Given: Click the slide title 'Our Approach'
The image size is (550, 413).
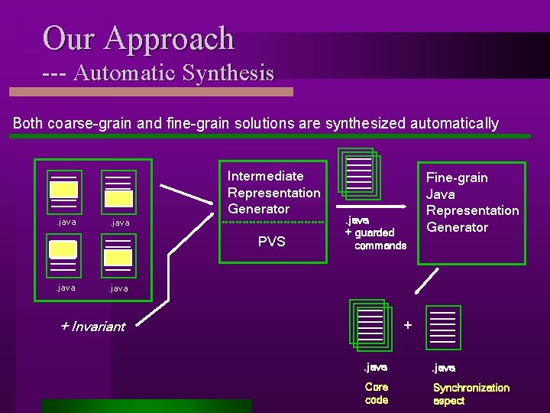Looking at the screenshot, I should click(138, 37).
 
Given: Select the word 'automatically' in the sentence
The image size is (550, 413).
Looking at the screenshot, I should click(455, 123).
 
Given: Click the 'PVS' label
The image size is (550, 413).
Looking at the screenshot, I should click(271, 242).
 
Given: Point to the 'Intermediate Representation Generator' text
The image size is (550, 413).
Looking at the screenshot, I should click(273, 192).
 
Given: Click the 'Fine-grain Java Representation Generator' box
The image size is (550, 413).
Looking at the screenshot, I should click(471, 203).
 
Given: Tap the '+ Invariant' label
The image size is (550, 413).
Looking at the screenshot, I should click(92, 327).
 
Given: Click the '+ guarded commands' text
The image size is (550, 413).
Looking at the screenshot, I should click(371, 239).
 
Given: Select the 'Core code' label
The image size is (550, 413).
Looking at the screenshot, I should click(377, 393).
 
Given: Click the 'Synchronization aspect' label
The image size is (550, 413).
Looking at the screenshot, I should click(471, 394).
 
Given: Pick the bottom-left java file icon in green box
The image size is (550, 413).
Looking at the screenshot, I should click(63, 253).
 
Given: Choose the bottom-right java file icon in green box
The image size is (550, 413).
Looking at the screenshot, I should click(118, 254).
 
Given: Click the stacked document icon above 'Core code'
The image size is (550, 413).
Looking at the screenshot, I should click(372, 324).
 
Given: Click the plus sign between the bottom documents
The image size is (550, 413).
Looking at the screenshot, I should click(407, 325).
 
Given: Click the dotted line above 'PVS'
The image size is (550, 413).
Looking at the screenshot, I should click(272, 223).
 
